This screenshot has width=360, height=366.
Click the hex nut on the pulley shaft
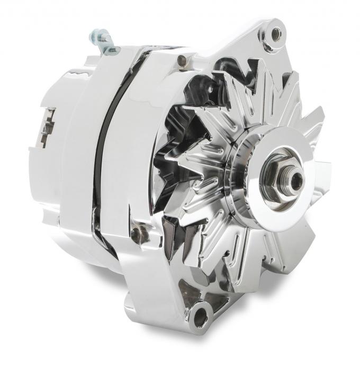click(x=280, y=175)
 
